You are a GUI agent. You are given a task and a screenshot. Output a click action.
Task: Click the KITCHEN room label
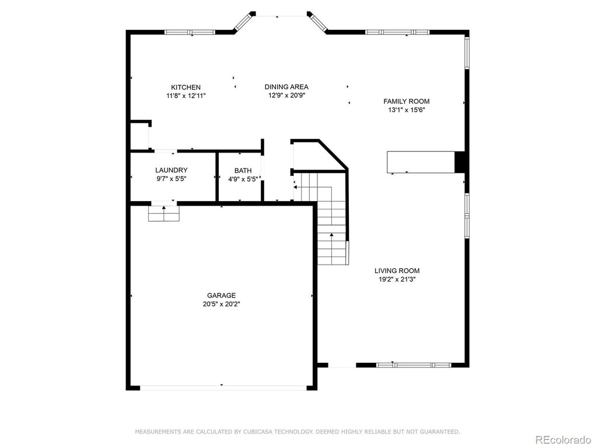point(185,88)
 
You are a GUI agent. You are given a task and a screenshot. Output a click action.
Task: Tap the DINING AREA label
point(286,87)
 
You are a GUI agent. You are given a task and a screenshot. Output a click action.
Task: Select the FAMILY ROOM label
point(407,102)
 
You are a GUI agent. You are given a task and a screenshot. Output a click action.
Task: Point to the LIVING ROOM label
point(397,271)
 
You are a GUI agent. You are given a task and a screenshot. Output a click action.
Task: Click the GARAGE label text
point(221,295)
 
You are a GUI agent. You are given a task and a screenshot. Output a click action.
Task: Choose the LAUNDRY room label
point(171,170)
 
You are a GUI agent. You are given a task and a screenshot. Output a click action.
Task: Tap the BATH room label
point(243,171)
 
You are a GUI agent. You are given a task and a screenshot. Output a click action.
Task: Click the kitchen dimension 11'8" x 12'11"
point(186,96)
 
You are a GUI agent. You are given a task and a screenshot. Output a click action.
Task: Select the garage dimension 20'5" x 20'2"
point(222,304)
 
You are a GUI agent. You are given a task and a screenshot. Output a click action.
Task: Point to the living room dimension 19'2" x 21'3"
point(397,280)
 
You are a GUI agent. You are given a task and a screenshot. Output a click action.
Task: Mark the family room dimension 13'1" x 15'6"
point(407,110)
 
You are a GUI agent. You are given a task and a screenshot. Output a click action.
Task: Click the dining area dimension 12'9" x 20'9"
point(287,96)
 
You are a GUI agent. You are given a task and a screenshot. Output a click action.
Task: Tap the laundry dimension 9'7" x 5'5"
point(171,179)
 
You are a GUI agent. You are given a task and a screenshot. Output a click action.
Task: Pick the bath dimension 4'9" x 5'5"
point(243,179)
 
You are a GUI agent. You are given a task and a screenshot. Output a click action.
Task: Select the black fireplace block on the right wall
point(460,162)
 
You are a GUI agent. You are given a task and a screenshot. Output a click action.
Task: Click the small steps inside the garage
point(163,213)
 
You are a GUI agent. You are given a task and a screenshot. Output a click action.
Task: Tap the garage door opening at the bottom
point(223,388)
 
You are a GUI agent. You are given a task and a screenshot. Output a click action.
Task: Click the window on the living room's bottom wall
point(414,365)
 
